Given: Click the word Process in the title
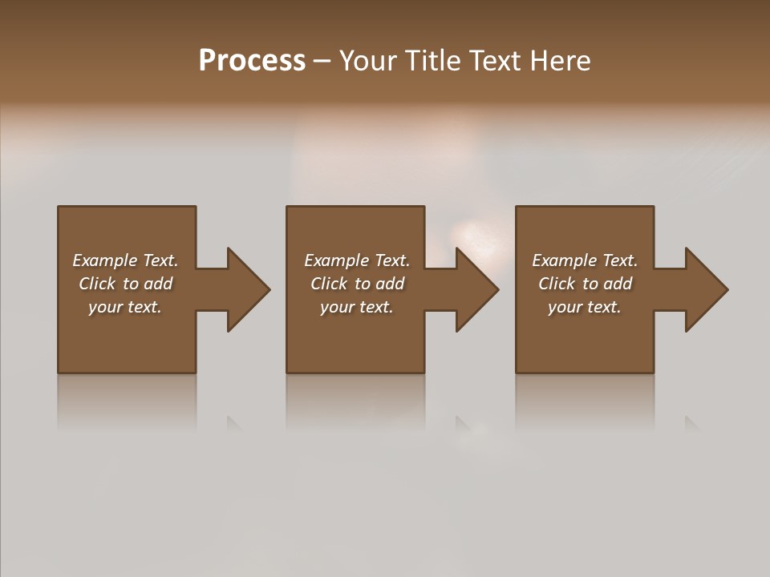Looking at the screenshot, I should click(252, 61).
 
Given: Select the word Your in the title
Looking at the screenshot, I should click(368, 61).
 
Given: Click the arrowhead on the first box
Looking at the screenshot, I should click(248, 289).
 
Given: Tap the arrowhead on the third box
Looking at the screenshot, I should click(706, 289).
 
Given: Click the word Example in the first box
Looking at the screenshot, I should click(105, 260).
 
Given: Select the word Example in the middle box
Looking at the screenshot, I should click(337, 260).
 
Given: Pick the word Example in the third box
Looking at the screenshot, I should click(565, 260).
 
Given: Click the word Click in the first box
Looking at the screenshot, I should click(97, 284).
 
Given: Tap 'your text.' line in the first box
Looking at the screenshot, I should click(125, 307).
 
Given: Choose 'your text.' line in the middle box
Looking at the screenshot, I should click(357, 307).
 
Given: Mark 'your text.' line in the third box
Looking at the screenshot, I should click(585, 307).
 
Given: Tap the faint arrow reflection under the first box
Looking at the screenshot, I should click(234, 423).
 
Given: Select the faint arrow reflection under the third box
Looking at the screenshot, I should click(691, 423).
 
